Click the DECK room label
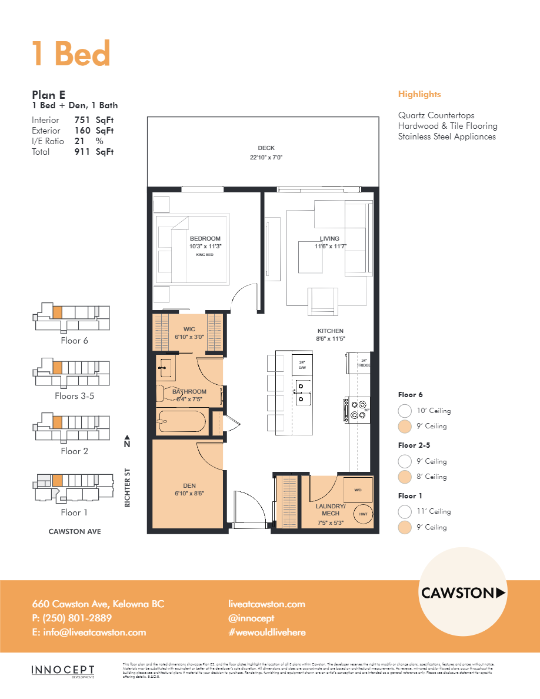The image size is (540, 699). tap(266, 148)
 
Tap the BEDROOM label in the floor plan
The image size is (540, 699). tap(205, 238)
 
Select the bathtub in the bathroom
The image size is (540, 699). tap(181, 421)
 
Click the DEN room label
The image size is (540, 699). tap(189, 485)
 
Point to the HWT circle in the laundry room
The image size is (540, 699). tap(362, 512)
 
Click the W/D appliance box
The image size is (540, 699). tap(358, 490)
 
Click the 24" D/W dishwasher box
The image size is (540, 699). tap(302, 365)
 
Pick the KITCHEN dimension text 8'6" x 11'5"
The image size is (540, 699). tap(330, 339)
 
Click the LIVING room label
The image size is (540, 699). tap(329, 238)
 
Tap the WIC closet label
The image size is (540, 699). tap(189, 329)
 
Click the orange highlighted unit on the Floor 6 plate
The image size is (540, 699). tap(57, 312)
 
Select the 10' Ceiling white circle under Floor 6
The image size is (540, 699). tap(404, 411)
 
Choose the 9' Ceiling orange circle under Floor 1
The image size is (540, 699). tap(404, 527)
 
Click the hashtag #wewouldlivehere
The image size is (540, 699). tap(266, 633)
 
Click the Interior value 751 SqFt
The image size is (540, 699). tap(94, 120)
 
